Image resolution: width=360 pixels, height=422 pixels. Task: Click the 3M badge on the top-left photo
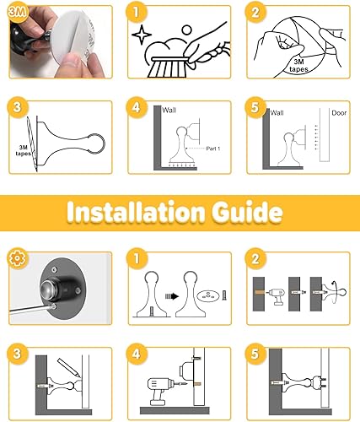[15, 11]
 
